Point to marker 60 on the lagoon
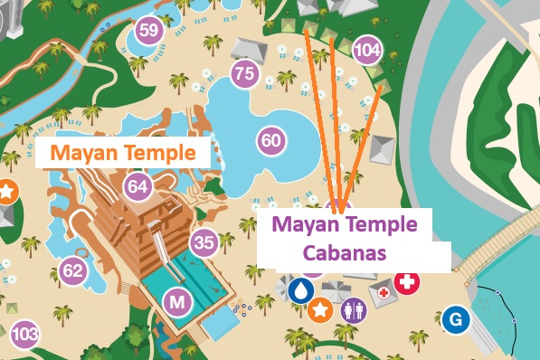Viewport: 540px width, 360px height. tap(270, 140)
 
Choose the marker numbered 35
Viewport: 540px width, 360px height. tap(204, 242)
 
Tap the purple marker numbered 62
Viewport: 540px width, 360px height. tap(73, 270)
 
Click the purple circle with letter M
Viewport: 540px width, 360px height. tap(176, 302)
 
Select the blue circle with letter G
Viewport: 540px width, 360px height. tap(456, 318)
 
